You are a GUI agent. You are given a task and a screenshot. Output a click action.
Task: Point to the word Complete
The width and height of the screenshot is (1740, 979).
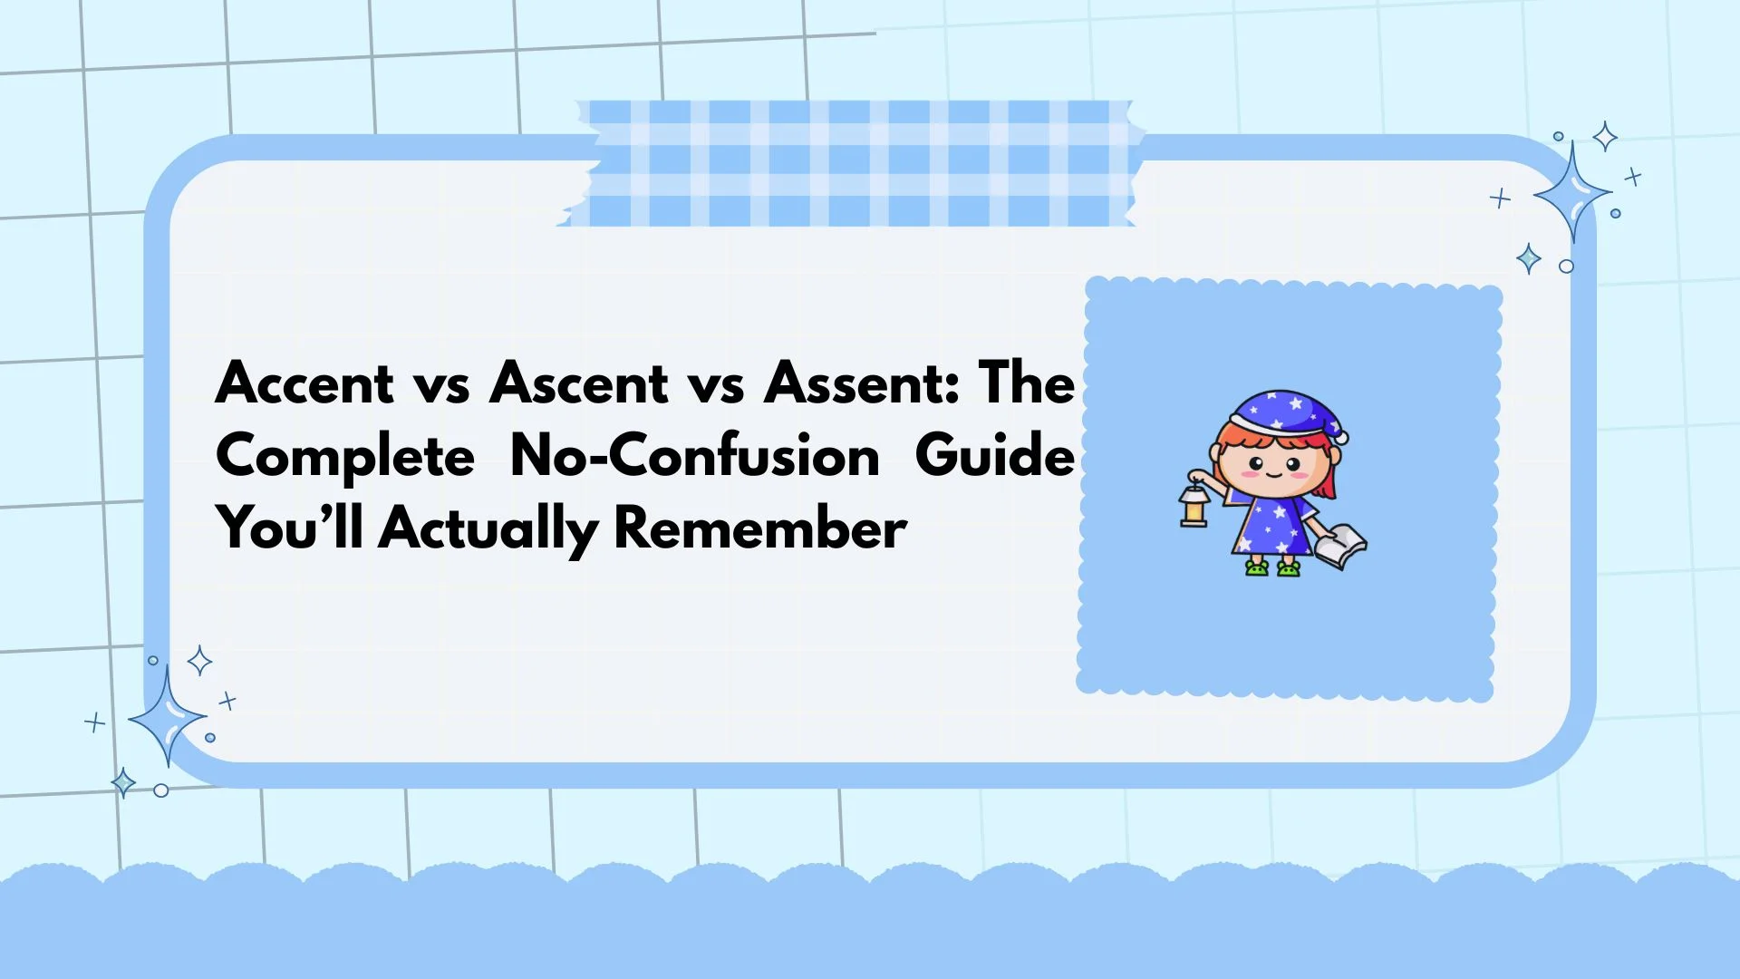[x=345, y=456]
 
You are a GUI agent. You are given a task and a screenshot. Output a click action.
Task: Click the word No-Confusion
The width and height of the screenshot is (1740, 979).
[x=694, y=455]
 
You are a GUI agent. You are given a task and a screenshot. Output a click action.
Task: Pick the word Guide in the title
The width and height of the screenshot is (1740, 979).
[x=994, y=455]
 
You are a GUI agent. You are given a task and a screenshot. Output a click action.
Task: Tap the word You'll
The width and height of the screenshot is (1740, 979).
[x=289, y=528]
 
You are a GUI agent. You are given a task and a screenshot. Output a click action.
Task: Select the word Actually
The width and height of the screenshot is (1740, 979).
[x=488, y=529]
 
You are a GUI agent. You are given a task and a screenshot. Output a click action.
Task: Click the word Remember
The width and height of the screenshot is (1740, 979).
[x=759, y=528]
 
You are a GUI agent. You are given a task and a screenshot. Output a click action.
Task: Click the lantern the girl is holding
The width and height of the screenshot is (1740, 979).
[x=1194, y=506]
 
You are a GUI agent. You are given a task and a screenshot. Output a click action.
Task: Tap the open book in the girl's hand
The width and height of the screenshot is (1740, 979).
[x=1341, y=546]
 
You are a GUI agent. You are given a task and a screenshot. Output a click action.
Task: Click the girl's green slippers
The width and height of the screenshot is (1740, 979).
[x=1272, y=568]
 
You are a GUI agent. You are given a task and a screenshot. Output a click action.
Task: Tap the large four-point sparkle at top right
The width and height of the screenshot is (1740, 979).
[x=1572, y=192]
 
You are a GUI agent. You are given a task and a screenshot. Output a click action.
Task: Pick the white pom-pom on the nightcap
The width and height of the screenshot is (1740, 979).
[x=1341, y=438]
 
